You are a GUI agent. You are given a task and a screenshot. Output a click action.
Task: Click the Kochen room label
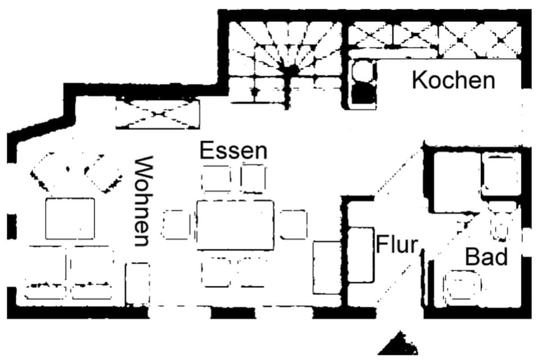[453, 80]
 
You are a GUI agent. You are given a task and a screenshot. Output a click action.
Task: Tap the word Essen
[233, 151]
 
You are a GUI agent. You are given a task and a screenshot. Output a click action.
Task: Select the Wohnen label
[142, 201]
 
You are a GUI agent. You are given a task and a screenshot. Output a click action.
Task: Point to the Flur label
[397, 245]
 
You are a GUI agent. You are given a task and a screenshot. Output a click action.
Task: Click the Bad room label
[486, 257]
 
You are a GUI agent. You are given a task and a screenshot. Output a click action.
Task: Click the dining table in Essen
[235, 224]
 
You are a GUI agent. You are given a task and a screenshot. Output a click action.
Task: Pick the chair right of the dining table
[294, 224]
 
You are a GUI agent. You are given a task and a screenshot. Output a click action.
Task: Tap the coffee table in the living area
[70, 218]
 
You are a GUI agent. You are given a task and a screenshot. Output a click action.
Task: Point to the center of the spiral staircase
[291, 70]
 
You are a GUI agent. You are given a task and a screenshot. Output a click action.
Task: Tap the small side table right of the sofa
[137, 283]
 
